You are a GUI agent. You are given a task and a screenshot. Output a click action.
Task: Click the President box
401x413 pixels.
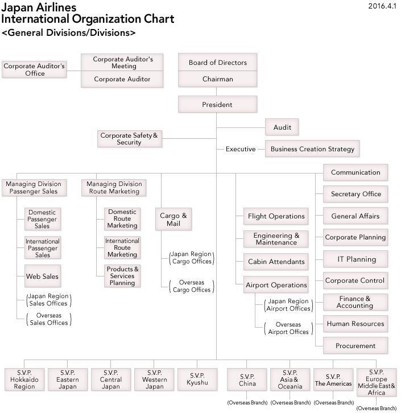coord(217,105)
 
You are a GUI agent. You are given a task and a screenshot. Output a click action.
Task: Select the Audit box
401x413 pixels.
coord(282,127)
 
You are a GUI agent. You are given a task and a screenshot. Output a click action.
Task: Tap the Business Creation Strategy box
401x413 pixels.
coord(312,149)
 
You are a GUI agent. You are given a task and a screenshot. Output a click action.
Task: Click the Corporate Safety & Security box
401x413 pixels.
coord(129,139)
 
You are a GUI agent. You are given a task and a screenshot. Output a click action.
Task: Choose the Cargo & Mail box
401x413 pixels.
coord(174,220)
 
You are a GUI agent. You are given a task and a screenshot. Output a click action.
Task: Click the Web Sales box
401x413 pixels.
coord(42,276)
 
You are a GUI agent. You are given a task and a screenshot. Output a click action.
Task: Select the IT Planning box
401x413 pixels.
coord(356,259)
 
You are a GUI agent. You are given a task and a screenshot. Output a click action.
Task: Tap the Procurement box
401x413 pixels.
coord(356,345)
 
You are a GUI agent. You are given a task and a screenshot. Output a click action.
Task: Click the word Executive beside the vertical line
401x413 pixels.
coord(240,149)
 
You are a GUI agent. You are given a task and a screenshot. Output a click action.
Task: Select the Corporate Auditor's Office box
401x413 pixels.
coord(35,69)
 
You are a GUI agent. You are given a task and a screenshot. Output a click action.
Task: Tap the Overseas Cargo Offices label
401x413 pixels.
coord(191,286)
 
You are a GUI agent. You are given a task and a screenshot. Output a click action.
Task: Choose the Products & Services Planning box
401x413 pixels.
coord(122,276)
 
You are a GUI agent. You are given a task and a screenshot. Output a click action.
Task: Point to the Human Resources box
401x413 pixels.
coord(356,324)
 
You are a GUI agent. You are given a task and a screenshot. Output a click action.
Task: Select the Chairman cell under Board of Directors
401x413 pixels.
coord(217,79)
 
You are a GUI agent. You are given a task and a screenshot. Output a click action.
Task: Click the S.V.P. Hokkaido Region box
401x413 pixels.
coord(24,379)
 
